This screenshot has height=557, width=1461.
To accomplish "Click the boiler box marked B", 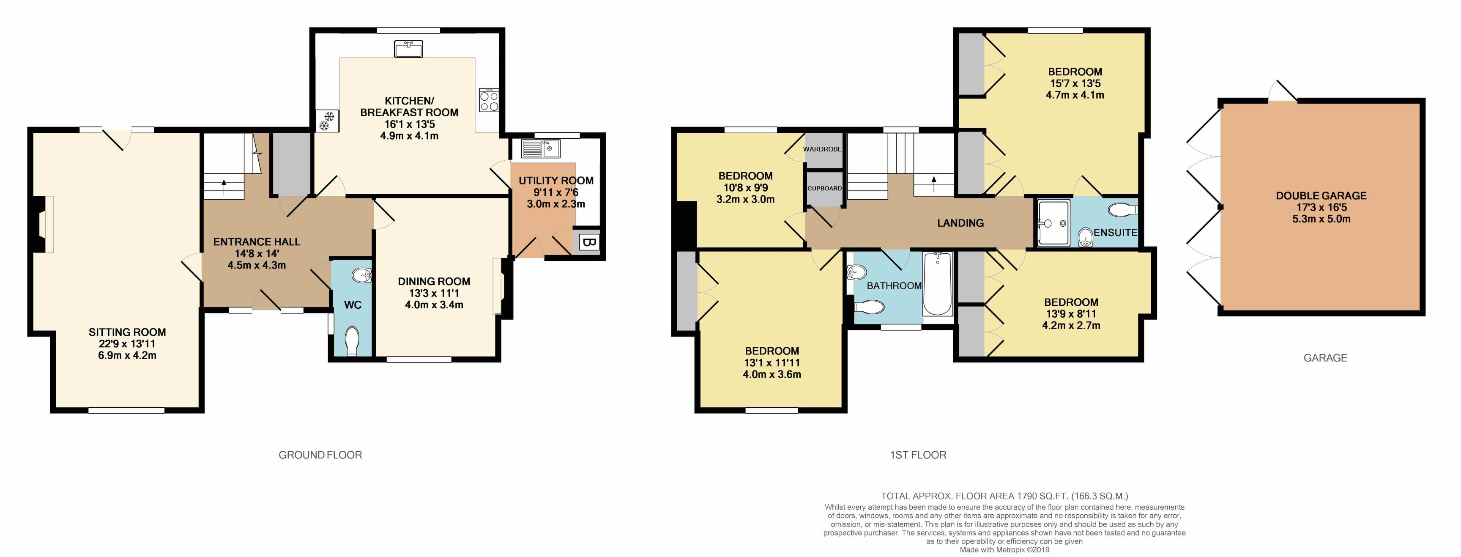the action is (588, 243).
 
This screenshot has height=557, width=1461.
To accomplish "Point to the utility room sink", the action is (541, 148).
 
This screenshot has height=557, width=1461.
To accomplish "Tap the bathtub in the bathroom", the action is (938, 284).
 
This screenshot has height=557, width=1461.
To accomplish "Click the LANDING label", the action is (960, 223).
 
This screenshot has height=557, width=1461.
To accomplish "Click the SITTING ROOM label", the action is (127, 332).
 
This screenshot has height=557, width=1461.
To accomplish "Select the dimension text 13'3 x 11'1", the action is (434, 293).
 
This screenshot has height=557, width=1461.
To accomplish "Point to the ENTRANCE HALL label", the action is (256, 241).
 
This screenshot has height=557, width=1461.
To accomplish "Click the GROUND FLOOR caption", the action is (320, 455).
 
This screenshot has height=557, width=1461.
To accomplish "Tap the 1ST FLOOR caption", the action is (918, 455).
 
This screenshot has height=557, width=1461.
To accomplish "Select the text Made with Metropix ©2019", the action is (1004, 550).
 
